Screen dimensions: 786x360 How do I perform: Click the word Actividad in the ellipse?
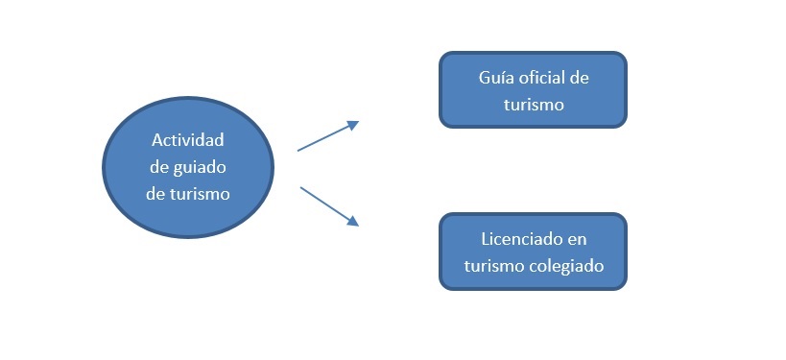[187, 140]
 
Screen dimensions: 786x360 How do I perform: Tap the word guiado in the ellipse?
[200, 168]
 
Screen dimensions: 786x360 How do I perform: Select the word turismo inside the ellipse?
[200, 194]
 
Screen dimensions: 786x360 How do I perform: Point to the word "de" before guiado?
[159, 167]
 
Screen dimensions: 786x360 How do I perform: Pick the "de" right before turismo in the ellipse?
[155, 194]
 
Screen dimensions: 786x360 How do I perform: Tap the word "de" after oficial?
[579, 78]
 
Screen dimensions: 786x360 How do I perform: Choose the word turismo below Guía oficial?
[534, 105]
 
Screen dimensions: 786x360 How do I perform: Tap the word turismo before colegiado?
[494, 266]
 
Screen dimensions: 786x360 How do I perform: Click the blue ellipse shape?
[188, 167]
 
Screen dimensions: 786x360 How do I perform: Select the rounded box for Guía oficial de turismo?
[533, 89]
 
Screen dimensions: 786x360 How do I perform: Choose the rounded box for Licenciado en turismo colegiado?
[533, 252]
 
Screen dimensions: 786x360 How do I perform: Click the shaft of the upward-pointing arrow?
[323, 138]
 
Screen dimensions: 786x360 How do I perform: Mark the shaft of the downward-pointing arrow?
[324, 204]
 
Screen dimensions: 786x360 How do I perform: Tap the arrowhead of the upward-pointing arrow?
[353, 125]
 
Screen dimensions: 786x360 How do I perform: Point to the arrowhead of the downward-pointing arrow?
[353, 221]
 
